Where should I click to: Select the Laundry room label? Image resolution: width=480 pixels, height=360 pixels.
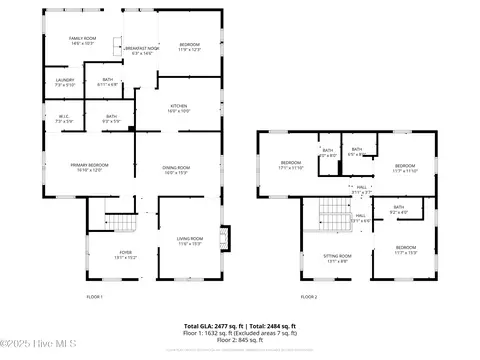(65, 82)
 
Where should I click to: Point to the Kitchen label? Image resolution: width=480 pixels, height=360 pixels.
(178, 108)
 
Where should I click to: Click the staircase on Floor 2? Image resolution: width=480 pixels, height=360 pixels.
(329, 212)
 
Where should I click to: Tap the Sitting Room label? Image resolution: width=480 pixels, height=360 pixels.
(338, 258)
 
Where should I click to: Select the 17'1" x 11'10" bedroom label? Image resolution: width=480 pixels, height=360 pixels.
(291, 164)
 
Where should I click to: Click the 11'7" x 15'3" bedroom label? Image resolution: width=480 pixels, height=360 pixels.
(405, 249)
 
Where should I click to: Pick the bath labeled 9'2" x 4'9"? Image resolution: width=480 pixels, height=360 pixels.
(398, 210)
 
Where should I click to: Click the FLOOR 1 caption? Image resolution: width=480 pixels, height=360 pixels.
(94, 297)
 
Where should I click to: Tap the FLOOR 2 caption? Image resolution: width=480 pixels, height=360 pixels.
(309, 297)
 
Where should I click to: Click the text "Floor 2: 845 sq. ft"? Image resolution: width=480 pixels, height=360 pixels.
(240, 340)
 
